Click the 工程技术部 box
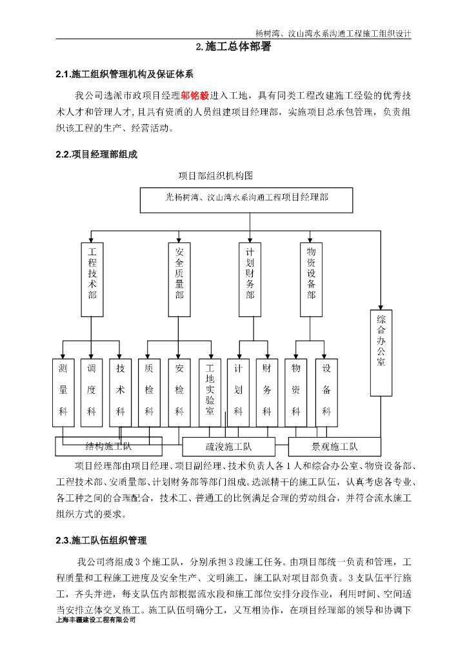[92, 279]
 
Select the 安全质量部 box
[179, 279]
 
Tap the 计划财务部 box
[250, 279]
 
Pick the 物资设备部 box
[311, 279]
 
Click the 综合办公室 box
[381, 353]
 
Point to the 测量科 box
[63, 392]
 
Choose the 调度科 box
[91, 392]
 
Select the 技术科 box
[120, 392]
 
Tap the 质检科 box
[149, 392]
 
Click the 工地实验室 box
[209, 392]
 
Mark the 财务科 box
[267, 392]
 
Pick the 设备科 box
[326, 392]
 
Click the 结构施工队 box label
[108, 446]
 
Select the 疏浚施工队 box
[228, 447]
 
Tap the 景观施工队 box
[334, 447]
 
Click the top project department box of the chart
[246, 200]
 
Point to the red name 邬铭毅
[195, 95]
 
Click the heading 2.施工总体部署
[234, 47]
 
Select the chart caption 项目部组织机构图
[215, 175]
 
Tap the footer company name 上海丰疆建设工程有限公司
[97, 620]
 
